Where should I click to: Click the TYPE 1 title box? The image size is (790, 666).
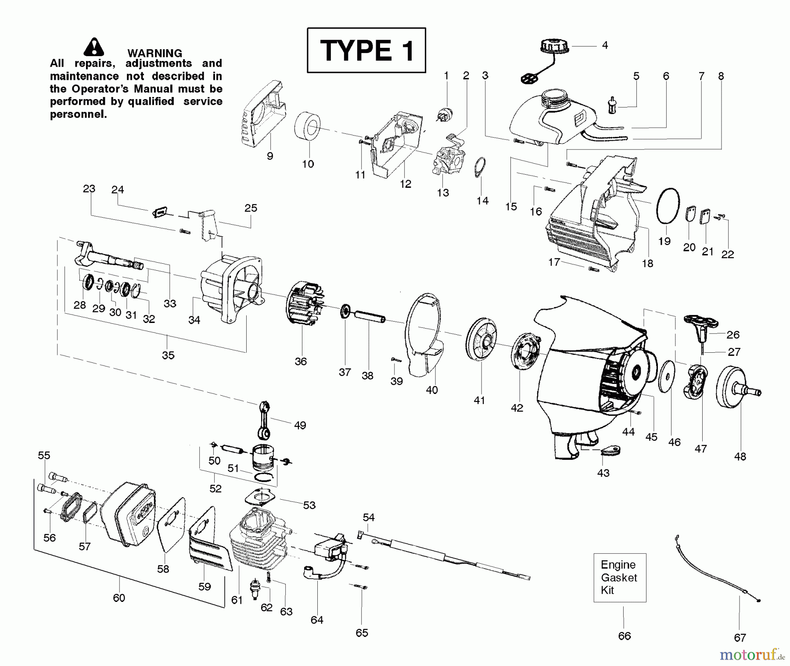[366, 50]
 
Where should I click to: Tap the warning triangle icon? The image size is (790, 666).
[93, 47]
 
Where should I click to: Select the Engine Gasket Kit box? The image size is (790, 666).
[619, 577]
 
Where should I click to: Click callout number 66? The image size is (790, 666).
[624, 636]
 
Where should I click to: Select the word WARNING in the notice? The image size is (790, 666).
[154, 53]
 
